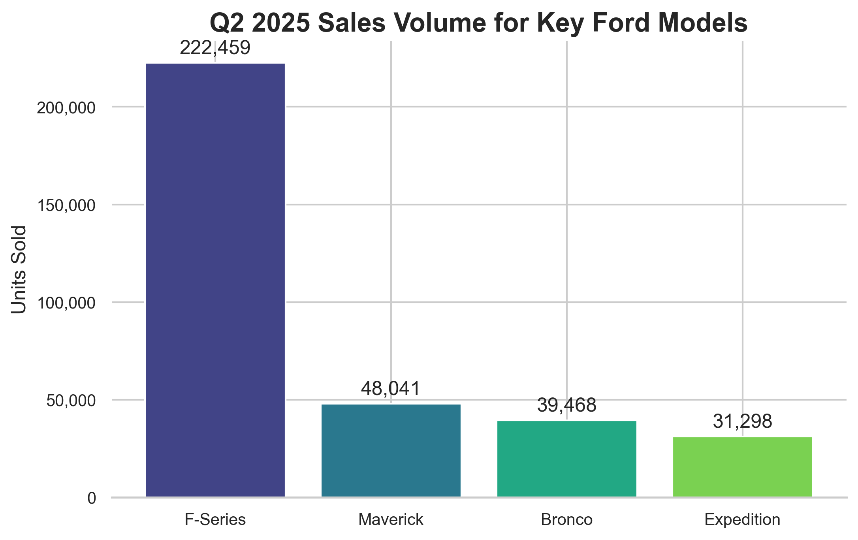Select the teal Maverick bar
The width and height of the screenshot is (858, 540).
391,450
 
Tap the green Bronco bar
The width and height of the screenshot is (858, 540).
566,459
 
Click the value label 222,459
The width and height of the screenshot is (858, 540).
215,48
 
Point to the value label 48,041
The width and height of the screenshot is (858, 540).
391,389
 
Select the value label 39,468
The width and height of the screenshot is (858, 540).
566,406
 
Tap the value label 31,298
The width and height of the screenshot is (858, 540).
742,421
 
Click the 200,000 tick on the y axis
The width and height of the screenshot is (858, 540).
66,108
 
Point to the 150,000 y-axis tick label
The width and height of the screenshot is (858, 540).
66,206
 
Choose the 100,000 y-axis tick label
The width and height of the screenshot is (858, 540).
66,303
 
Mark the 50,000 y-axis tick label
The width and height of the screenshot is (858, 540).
71,401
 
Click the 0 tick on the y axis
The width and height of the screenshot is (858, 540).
92,499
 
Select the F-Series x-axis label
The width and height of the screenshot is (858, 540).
215,520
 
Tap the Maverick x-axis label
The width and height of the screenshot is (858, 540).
391,520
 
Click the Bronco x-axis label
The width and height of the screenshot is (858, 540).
566,520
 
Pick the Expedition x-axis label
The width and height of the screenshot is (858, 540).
742,520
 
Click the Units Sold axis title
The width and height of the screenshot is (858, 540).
19,270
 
